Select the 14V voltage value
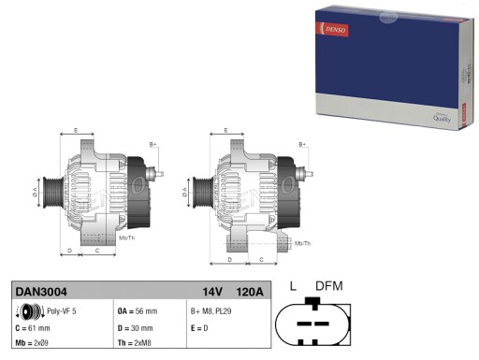[213, 292]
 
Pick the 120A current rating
[248, 292]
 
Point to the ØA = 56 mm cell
[138, 310]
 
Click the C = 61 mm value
[33, 328]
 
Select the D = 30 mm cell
[137, 328]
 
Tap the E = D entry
[200, 328]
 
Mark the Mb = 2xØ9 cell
[35, 345]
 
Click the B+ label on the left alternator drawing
[153, 145]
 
